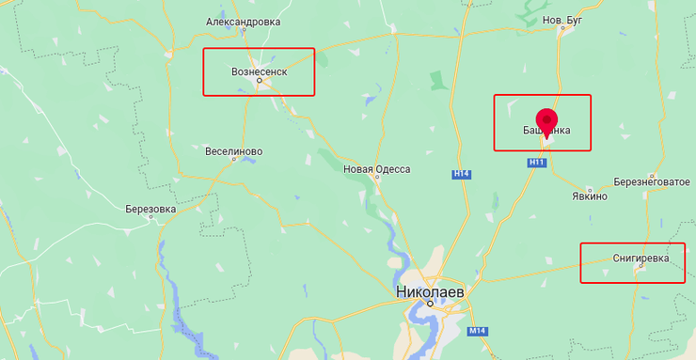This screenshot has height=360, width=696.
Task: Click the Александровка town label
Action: pyautogui.click(x=243, y=22)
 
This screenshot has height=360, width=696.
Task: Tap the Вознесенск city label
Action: pyautogui.click(x=259, y=70)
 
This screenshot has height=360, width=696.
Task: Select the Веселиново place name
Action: pyautogui.click(x=233, y=150)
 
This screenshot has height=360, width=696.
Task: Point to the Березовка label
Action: pyautogui.click(x=150, y=210)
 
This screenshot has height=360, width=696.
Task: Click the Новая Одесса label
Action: pyautogui.click(x=376, y=169)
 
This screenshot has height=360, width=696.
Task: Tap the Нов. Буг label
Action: pyautogui.click(x=563, y=19)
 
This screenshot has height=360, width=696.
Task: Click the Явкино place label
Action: pyautogui.click(x=590, y=196)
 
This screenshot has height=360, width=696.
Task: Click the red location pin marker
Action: pyautogui.click(x=546, y=121)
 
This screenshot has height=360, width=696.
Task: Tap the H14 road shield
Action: pyautogui.click(x=461, y=174)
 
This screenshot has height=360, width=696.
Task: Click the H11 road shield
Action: pyautogui.click(x=537, y=163)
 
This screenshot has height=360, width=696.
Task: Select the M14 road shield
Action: pyautogui.click(x=477, y=331)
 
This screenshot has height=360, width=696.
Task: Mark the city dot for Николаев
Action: pyautogui.click(x=429, y=304)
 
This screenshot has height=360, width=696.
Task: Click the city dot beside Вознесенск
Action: pyautogui.click(x=261, y=81)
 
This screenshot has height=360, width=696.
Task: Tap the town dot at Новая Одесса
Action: pyautogui.click(x=373, y=178)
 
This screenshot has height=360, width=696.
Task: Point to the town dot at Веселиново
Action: pyautogui.click(x=235, y=160)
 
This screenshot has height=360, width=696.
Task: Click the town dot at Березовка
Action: pyautogui.click(x=160, y=220)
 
